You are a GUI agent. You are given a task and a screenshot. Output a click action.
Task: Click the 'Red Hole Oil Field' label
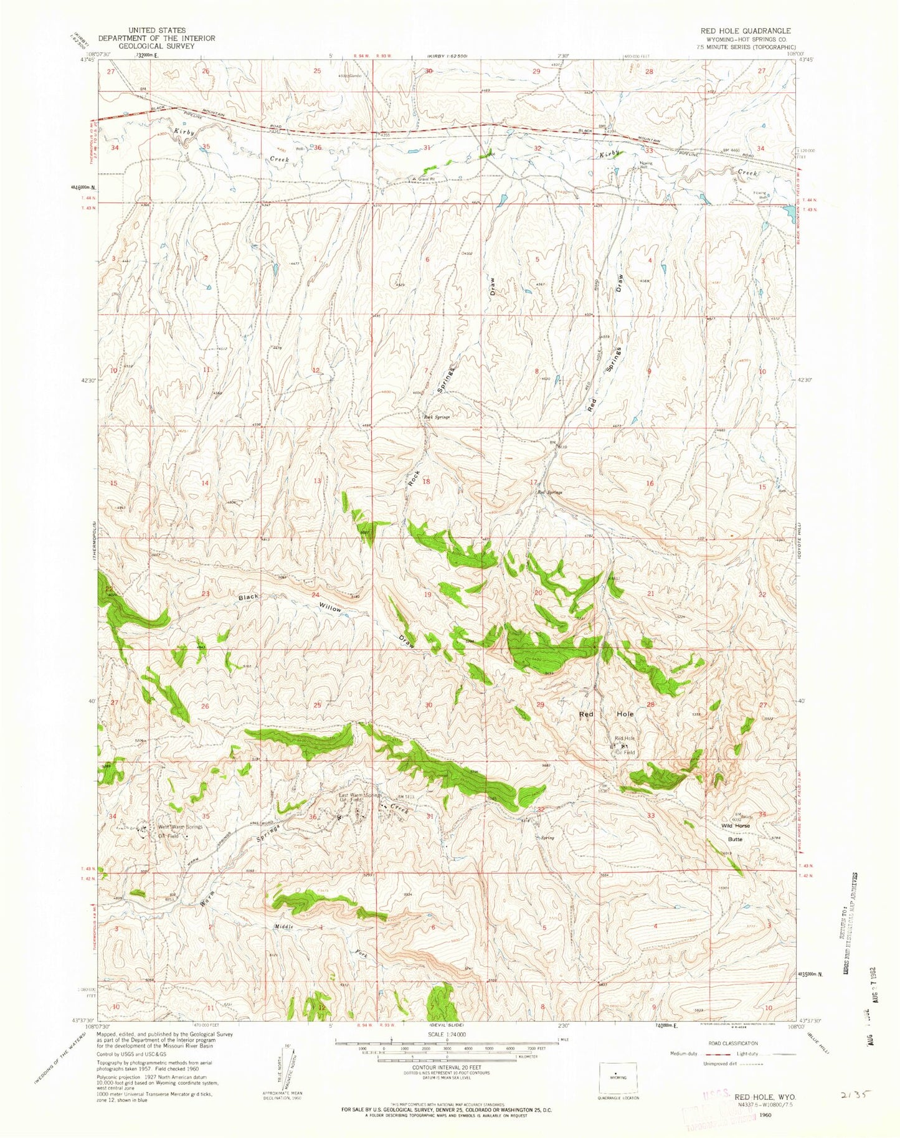pyautogui.click(x=625, y=745)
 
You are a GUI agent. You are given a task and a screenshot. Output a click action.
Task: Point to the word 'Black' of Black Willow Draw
pyautogui.click(x=249, y=597)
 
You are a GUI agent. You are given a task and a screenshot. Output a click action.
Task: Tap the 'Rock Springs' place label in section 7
pyautogui.click(x=437, y=417)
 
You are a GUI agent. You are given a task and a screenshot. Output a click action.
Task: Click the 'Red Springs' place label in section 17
pyautogui.click(x=550, y=492)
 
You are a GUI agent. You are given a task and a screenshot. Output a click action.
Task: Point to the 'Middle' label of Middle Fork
pyautogui.click(x=284, y=926)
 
